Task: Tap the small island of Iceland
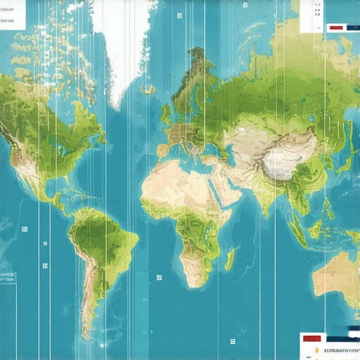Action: tap(148, 89)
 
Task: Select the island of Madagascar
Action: tap(230, 258)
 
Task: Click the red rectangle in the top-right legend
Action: tap(335, 27)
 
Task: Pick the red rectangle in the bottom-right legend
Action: tap(311, 338)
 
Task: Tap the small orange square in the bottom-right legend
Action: tap(318, 349)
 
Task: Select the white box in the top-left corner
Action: tap(12, 15)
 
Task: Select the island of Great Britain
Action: tap(166, 112)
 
